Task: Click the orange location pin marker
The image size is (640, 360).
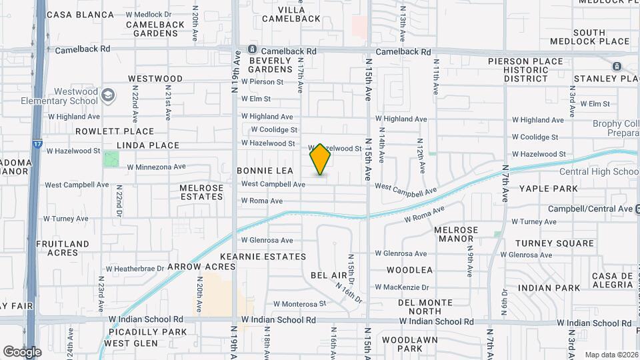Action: coord(321,159)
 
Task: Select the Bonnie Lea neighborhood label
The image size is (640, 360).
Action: coord(265,171)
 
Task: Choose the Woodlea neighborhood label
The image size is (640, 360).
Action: coord(409,270)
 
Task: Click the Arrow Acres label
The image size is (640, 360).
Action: coord(201,266)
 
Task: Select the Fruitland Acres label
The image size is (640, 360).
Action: coord(63,248)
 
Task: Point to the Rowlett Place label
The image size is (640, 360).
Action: coord(115,131)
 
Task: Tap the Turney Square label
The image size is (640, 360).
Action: coord(554,243)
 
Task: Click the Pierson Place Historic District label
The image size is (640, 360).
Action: coord(525,69)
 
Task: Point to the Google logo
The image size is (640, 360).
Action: coord(22,351)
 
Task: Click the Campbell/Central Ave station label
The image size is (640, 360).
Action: coord(590,209)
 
